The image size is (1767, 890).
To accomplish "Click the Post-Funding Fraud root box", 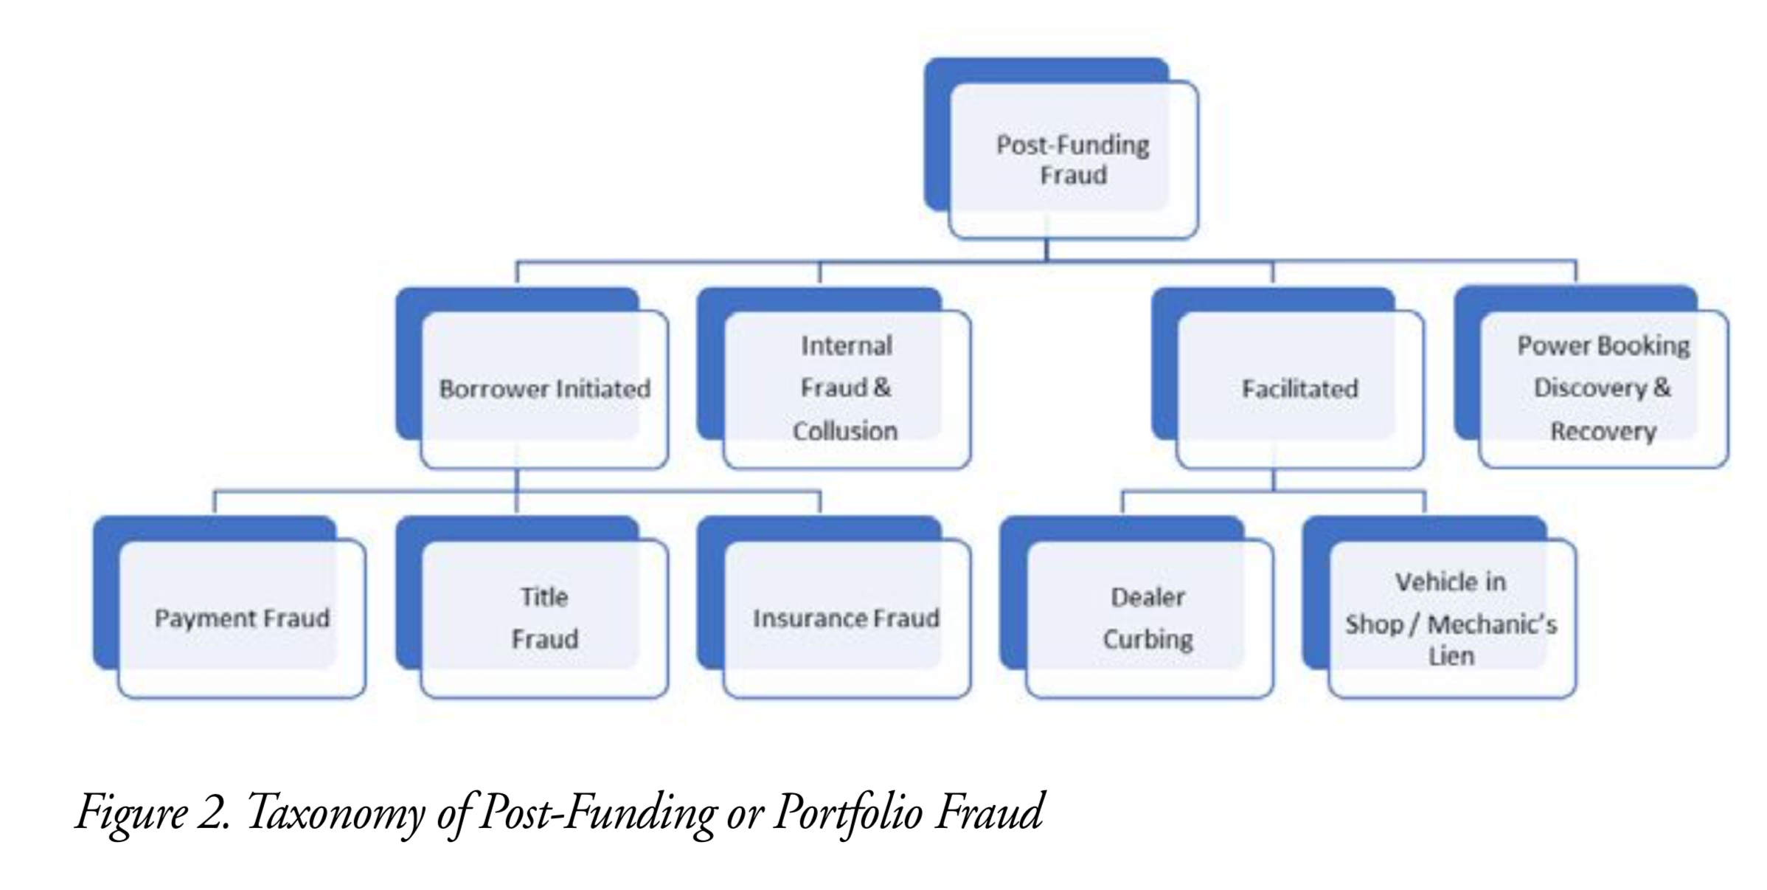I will pyautogui.click(x=1072, y=159).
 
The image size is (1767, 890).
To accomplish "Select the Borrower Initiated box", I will pyautogui.click(x=544, y=389).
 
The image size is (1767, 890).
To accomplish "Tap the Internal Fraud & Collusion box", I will pyautogui.click(x=846, y=389).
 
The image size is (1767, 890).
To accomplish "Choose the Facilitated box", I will pyautogui.click(x=1299, y=389).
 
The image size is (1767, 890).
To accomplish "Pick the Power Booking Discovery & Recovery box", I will pyautogui.click(x=1603, y=389).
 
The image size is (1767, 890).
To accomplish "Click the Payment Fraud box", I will pyautogui.click(x=242, y=618).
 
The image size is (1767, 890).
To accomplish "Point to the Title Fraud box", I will pyautogui.click(x=544, y=618).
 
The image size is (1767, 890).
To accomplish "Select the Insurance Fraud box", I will pyautogui.click(x=846, y=618).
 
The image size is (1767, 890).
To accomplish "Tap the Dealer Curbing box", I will pyautogui.click(x=1148, y=618).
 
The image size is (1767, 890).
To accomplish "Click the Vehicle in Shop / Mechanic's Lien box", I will pyautogui.click(x=1451, y=618).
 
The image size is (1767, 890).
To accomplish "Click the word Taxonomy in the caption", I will pyautogui.click(x=336, y=812).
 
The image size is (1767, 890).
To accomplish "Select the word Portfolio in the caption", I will pyautogui.click(x=848, y=812).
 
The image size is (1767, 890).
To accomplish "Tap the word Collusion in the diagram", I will pyautogui.click(x=845, y=431).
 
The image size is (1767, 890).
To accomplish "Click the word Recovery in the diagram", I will pyautogui.click(x=1603, y=431).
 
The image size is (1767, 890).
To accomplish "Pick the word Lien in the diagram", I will pyautogui.click(x=1451, y=656).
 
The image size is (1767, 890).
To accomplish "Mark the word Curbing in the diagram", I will pyautogui.click(x=1148, y=639).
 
